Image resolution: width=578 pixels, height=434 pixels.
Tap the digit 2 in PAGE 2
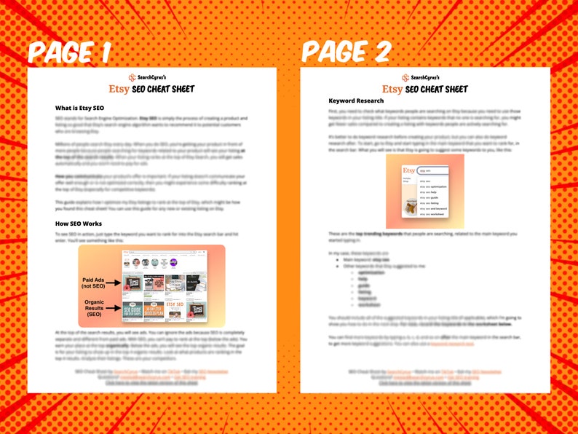[379, 51]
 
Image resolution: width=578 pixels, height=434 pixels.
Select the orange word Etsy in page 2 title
[392, 90]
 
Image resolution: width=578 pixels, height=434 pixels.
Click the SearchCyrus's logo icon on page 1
[132, 77]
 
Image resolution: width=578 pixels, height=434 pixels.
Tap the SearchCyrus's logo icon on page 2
[405, 77]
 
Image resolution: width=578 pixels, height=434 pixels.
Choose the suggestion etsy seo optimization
[436, 186]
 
